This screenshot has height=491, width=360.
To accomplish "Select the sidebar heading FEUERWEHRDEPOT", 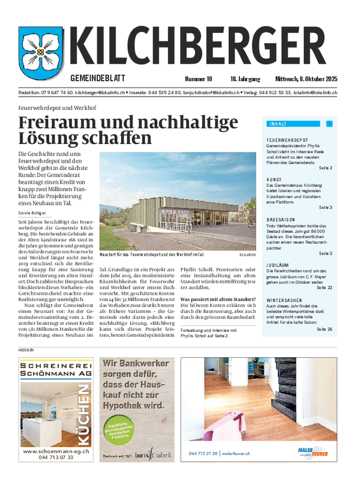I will [287, 139].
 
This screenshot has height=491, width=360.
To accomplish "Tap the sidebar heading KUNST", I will [274, 179].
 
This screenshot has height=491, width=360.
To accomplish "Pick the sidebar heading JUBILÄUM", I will [278, 264].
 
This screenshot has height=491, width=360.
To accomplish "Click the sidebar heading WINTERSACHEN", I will [284, 299].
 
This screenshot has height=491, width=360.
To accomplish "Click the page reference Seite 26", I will [325, 329].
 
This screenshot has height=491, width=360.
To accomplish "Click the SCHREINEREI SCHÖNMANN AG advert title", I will [55, 369].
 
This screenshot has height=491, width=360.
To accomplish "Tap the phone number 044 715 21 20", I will [203, 454].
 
